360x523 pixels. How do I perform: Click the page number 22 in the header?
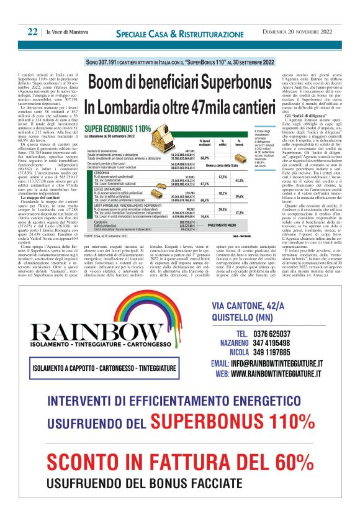tap(32, 32)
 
